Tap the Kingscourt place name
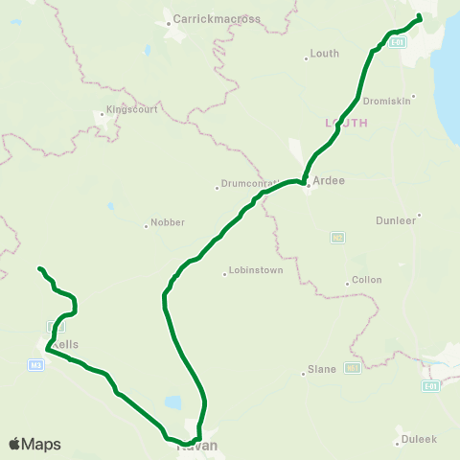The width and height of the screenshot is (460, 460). pyautogui.click(x=129, y=109)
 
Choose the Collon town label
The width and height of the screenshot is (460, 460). pyautogui.click(x=366, y=280)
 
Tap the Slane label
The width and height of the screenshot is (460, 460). pyautogui.click(x=321, y=369)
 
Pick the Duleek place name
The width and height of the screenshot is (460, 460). pyautogui.click(x=419, y=439)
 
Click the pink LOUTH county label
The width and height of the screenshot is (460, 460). pyautogui.click(x=346, y=123)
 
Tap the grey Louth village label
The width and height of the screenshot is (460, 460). pyautogui.click(x=324, y=54)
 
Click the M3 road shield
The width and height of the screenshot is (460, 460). pyautogui.click(x=36, y=365)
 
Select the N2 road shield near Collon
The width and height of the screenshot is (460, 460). pyautogui.click(x=337, y=237)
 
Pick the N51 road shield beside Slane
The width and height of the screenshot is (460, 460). pyautogui.click(x=353, y=368)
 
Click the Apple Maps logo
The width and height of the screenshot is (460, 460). pyautogui.click(x=34, y=444)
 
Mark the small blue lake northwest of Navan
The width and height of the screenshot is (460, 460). pyautogui.click(x=172, y=402)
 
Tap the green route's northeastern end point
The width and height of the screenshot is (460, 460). pyautogui.click(x=419, y=17)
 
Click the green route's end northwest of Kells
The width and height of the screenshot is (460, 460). pyautogui.click(x=39, y=268)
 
